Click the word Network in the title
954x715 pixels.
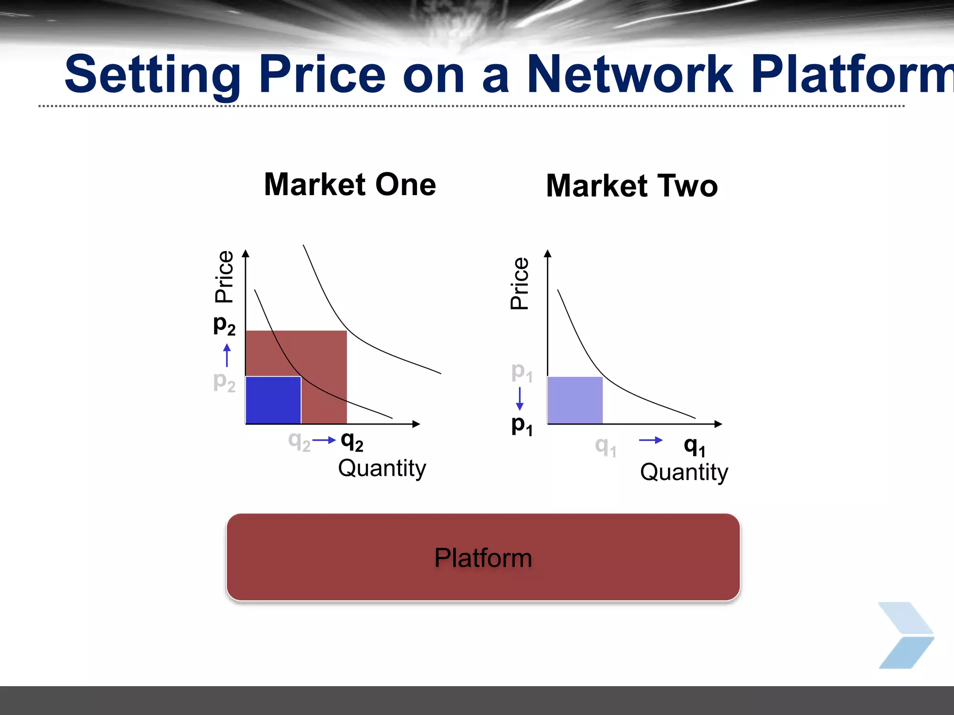point(630,74)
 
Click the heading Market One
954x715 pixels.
point(350,185)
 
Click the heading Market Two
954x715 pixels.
point(632,186)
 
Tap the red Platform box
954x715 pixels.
point(483,557)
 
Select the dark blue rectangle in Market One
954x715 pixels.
point(273,400)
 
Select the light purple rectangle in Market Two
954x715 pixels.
point(575,400)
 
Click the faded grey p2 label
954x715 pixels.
point(224,381)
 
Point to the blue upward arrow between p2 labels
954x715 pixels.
point(227,355)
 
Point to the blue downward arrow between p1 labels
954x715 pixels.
point(520,398)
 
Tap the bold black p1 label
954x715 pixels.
point(522,425)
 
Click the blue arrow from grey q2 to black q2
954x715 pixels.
point(324,440)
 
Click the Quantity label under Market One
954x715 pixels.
point(382,468)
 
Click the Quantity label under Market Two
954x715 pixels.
point(684,472)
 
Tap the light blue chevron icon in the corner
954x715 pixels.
point(906,635)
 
